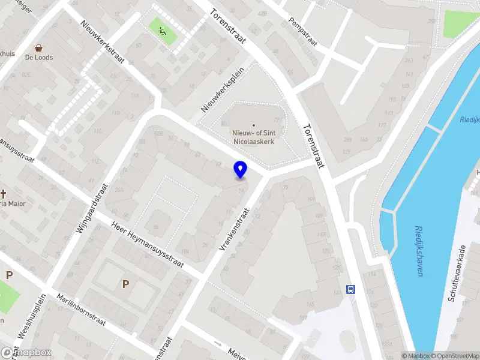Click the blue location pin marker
pos(241,169)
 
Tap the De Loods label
pos(39,58)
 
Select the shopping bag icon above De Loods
pos(39,47)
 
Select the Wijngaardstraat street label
pos(91,208)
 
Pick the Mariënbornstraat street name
pos(81,310)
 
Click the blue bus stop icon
pos(351,289)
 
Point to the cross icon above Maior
pos(4,193)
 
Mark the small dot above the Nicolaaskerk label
pos(253,125)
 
